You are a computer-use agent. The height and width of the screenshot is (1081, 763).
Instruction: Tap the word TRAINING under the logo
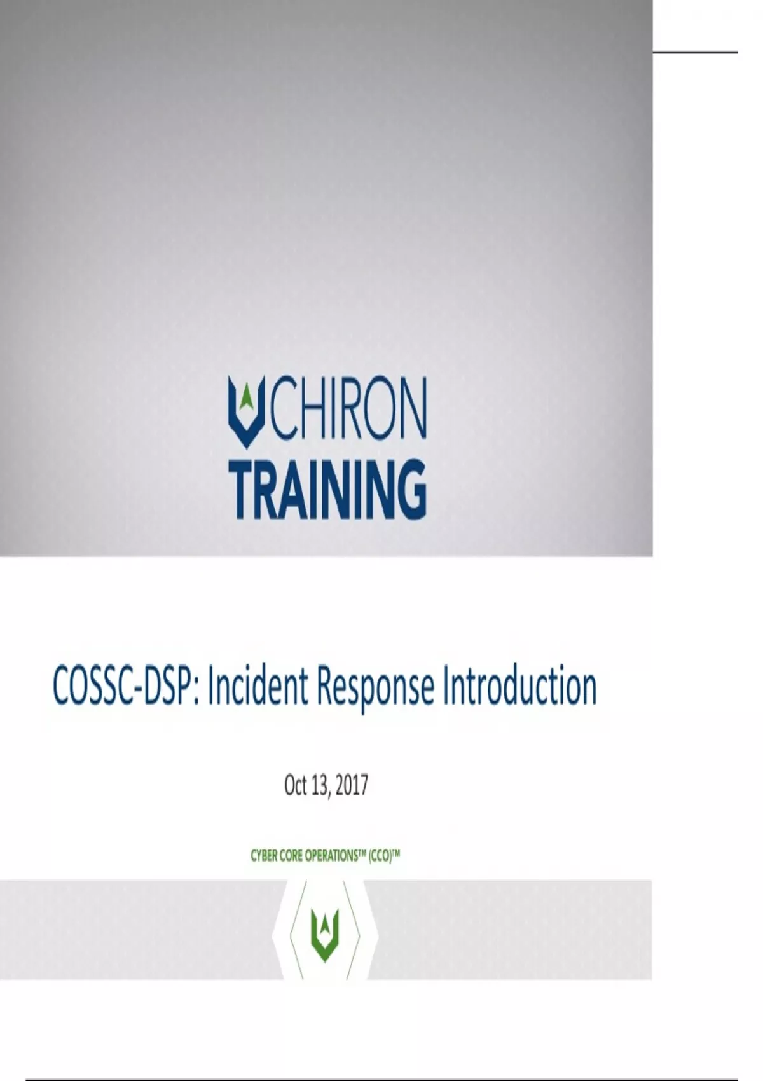[331, 489]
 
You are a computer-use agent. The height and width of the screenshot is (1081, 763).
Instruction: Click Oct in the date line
[296, 785]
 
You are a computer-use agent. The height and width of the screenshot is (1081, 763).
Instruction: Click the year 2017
[352, 785]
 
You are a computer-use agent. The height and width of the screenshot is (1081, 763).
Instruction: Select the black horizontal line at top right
[696, 51]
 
